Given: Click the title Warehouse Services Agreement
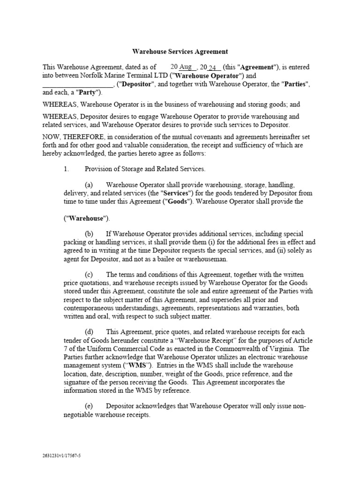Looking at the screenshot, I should (180, 52).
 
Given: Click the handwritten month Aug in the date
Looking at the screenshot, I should (186, 67).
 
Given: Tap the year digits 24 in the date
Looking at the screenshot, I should (212, 67).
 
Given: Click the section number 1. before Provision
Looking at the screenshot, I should (67, 169).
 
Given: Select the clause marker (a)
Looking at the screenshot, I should (89, 185).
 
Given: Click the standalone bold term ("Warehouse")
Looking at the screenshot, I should (87, 218).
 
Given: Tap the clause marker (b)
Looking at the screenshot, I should (89, 234).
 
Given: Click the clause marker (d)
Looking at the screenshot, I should (89, 332).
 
